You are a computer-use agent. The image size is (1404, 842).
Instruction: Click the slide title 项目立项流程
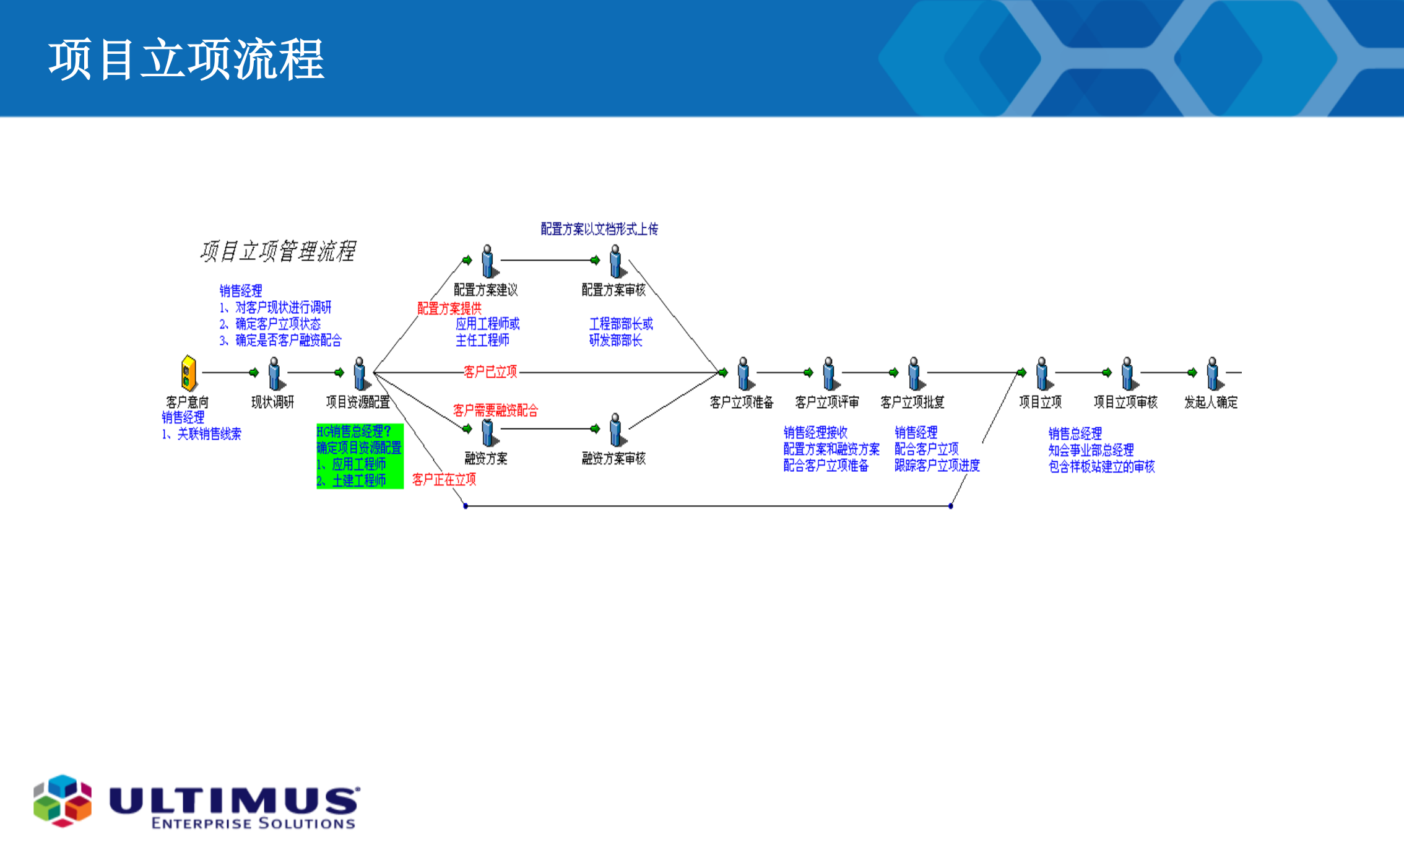tap(186, 59)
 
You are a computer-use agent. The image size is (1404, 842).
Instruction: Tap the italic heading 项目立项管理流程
tap(277, 251)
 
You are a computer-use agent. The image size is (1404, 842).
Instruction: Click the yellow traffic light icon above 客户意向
tap(189, 373)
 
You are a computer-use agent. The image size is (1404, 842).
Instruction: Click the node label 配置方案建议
tap(485, 290)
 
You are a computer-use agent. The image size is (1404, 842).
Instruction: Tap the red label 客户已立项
tap(490, 372)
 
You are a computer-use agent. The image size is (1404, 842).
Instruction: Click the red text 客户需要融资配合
tap(495, 410)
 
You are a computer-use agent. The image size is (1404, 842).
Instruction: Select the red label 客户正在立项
tap(444, 480)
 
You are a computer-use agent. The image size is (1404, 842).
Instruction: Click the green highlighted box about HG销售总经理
tap(360, 456)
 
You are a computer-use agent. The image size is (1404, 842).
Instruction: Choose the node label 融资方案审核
tap(613, 459)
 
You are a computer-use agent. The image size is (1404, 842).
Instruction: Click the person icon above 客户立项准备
tap(744, 373)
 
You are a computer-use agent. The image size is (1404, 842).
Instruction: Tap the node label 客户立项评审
tap(827, 402)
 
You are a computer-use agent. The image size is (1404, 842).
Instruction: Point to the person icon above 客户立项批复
tap(914, 373)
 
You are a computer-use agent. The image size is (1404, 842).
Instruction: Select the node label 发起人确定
tap(1211, 402)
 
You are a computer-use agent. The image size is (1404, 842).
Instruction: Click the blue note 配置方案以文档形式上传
tap(599, 230)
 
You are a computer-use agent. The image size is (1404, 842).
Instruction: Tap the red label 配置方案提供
tap(449, 308)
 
